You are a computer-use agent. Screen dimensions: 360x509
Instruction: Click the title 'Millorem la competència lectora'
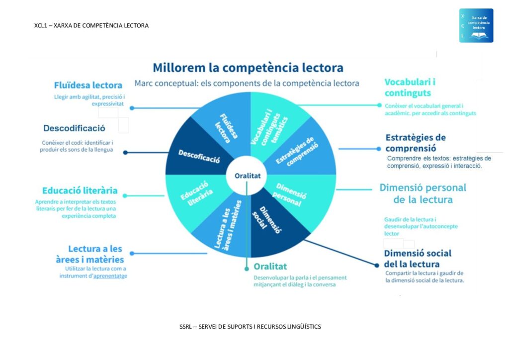248,68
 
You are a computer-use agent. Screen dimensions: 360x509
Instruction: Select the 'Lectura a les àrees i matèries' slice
228,224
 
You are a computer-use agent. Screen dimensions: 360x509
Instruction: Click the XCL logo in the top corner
476,25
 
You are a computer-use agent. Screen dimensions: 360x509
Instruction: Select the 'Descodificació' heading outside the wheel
74,128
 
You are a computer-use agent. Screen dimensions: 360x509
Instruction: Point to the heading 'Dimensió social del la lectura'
418,259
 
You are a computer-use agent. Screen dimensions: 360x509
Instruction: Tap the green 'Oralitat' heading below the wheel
270,267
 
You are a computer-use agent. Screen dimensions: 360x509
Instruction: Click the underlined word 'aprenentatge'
110,276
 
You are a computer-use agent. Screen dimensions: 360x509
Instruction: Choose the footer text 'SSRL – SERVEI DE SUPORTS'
250,327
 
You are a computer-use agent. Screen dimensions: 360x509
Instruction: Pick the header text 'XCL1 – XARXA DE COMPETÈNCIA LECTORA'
88,26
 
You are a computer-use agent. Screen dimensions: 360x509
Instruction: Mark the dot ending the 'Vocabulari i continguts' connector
380,105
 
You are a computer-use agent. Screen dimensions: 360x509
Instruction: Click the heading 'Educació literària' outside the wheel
80,190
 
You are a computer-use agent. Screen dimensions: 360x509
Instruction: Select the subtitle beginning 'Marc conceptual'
247,83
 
